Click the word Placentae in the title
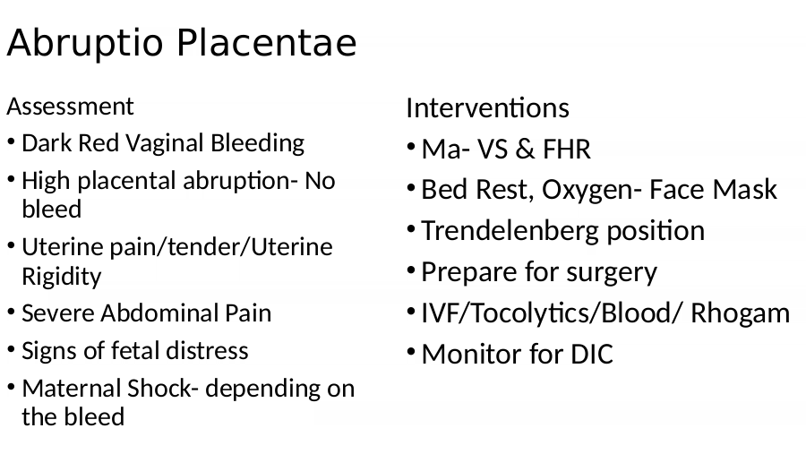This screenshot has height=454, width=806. (x=267, y=43)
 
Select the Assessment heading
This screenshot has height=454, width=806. (x=70, y=107)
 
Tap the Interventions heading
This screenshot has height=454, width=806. (x=487, y=108)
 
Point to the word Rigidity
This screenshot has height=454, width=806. (x=62, y=276)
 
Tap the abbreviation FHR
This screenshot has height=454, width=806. (x=567, y=150)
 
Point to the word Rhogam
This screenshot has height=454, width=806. (x=741, y=313)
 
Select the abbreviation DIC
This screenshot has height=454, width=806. (x=592, y=355)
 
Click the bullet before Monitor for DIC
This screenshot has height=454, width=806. (x=411, y=352)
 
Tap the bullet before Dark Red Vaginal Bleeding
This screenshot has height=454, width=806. (x=12, y=141)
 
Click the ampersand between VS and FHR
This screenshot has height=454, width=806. (x=524, y=150)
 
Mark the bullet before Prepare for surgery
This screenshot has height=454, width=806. (x=411, y=270)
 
